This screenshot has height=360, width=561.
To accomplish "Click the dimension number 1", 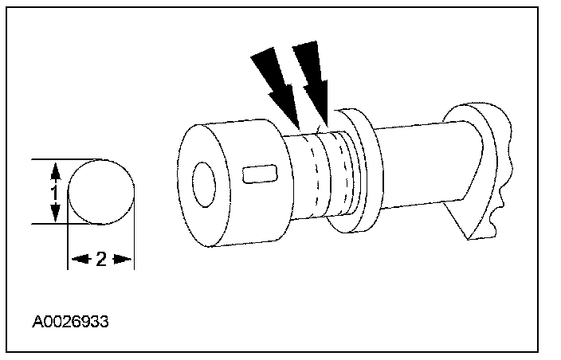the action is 54,191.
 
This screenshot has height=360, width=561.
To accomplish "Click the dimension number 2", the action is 100,259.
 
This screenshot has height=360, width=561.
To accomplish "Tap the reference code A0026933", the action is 71,323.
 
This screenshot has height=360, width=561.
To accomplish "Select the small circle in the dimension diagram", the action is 100,192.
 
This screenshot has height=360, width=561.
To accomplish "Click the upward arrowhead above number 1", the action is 54,170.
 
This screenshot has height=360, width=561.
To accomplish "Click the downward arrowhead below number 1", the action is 54,214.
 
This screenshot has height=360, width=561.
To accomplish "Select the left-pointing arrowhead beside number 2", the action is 76,259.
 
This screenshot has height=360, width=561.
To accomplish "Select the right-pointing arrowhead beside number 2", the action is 124,259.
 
